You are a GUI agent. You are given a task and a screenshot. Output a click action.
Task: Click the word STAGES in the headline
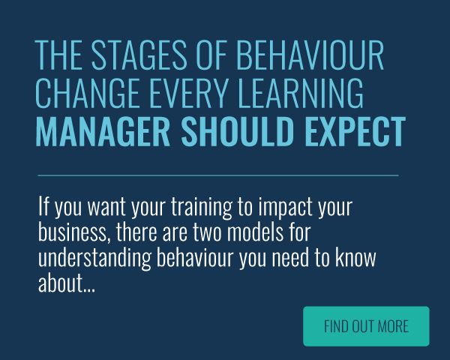click(139, 55)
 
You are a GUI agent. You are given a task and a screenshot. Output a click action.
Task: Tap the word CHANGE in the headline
click(86, 93)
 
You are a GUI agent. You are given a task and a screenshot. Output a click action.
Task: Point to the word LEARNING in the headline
click(301, 93)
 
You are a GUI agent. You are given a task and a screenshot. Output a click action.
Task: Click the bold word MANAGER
click(103, 132)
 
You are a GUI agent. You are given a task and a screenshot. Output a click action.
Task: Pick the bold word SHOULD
click(238, 132)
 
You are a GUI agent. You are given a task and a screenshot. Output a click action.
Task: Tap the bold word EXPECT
click(355, 132)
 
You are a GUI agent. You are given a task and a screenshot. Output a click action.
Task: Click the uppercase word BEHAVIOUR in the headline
click(310, 55)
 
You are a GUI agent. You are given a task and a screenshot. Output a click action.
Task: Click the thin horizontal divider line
click(218, 175)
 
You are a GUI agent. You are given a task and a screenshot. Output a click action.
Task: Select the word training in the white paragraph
click(202, 208)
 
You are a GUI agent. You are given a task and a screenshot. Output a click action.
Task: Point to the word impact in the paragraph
click(285, 208)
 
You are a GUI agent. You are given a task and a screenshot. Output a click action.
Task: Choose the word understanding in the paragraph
click(94, 258)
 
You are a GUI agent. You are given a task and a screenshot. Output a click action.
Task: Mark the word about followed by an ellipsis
click(67, 283)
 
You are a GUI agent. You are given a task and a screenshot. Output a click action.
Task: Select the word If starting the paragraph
click(43, 205)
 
